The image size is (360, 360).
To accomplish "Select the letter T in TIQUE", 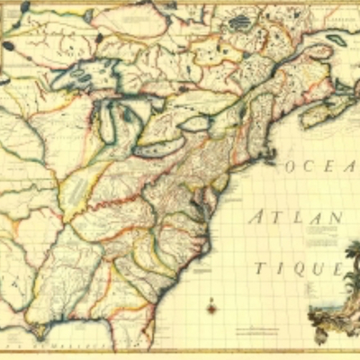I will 258,268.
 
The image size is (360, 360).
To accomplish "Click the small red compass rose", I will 211,308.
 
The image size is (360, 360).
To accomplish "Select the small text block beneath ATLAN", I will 320,235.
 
